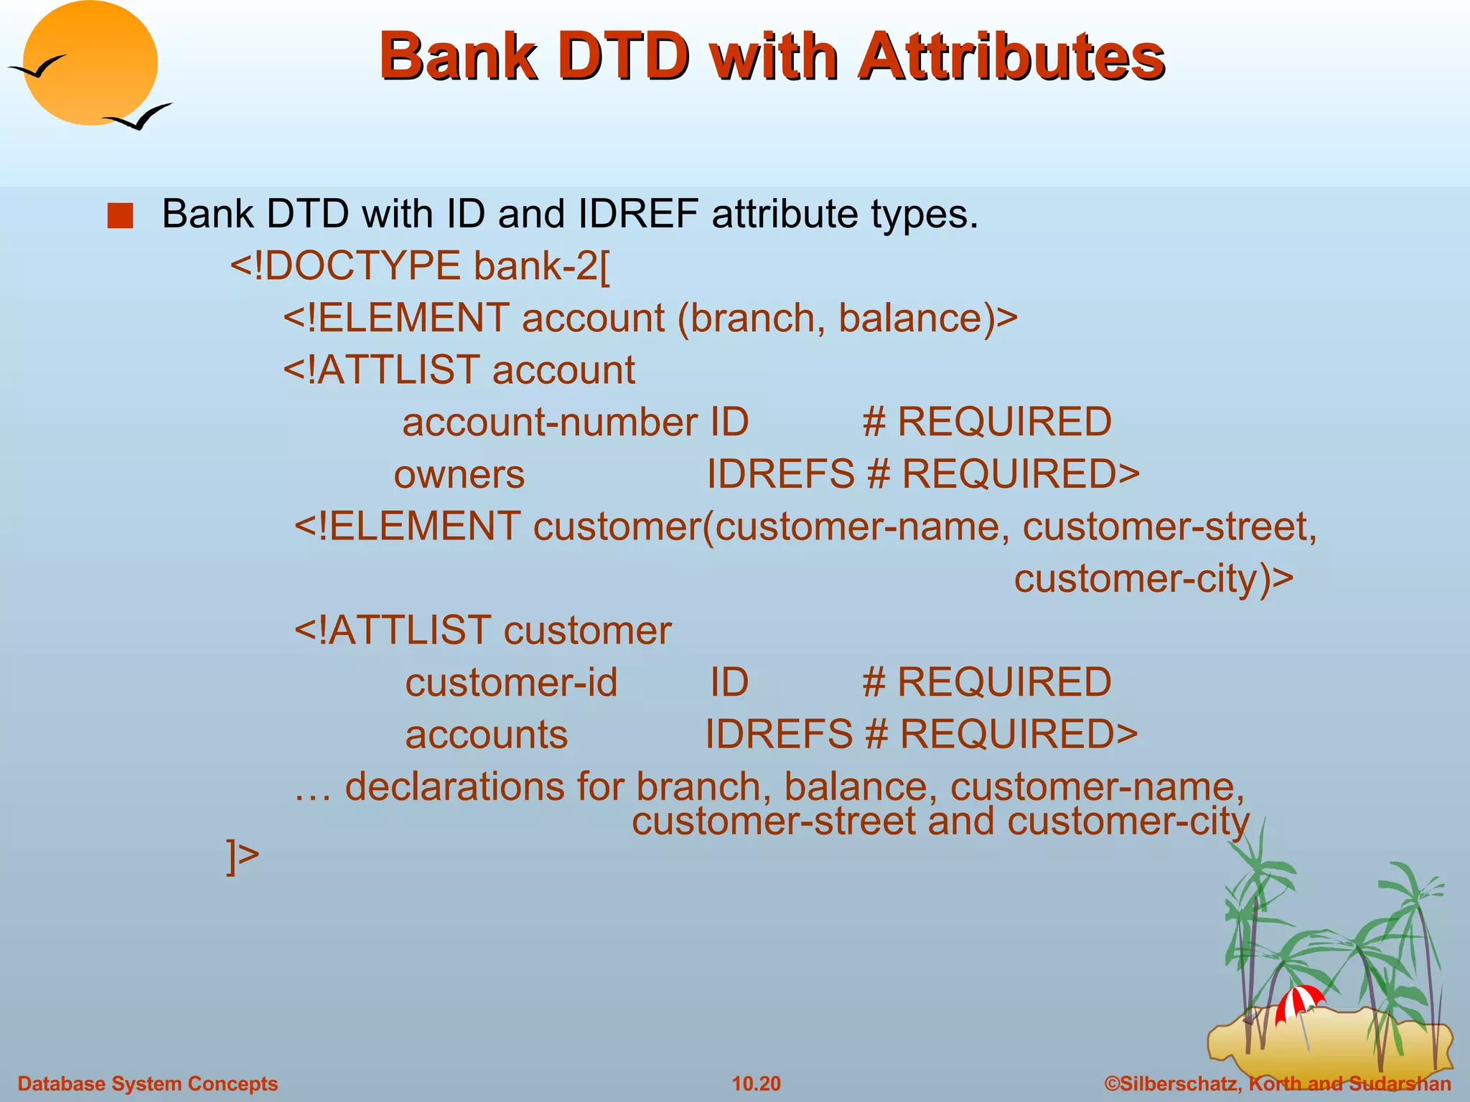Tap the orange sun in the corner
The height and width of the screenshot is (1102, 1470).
tap(90, 63)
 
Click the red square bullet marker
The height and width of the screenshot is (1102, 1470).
tap(120, 216)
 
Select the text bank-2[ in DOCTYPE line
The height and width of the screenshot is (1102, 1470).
tap(542, 266)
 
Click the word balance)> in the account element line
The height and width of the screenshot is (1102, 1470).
tap(927, 318)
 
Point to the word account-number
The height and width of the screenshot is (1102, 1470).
tap(549, 422)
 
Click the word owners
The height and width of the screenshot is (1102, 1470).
tap(459, 474)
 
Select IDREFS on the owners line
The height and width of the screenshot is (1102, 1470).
tap(780, 474)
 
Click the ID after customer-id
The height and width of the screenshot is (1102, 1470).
tap(729, 682)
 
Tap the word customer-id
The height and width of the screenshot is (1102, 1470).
tap(511, 682)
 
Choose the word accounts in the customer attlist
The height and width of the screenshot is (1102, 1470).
tap(486, 735)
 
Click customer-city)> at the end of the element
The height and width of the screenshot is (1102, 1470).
tap(1153, 578)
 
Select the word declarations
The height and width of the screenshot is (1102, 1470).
tap(454, 787)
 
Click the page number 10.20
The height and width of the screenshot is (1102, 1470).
tap(756, 1083)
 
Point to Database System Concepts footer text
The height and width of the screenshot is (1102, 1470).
tap(147, 1083)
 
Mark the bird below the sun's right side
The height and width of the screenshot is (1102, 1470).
tap(139, 117)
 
